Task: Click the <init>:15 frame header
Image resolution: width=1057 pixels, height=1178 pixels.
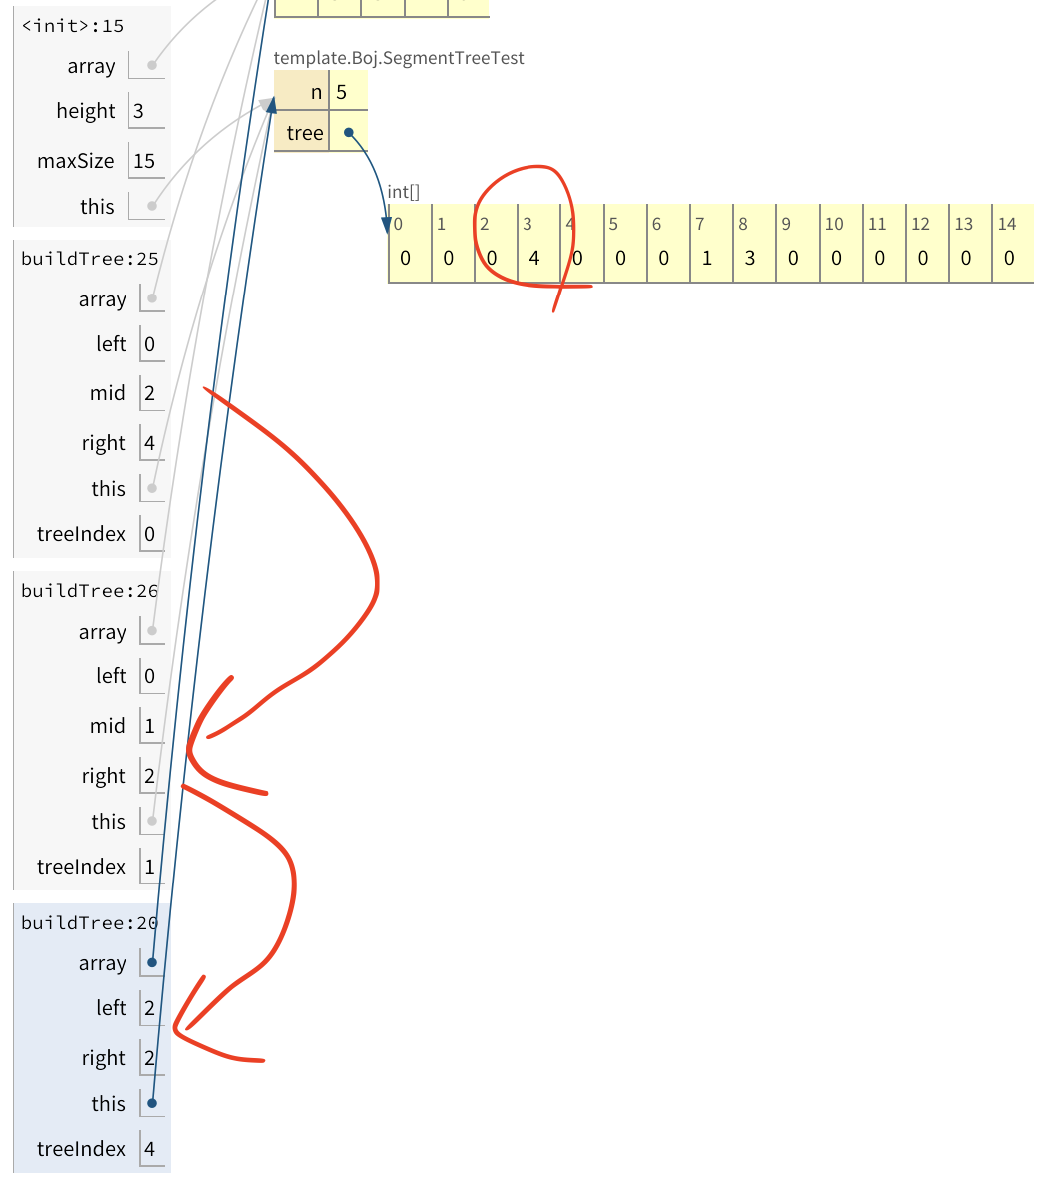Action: [x=73, y=26]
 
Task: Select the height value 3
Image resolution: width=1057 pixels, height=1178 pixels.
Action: [x=139, y=111]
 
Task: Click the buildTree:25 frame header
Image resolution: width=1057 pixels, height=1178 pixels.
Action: [x=90, y=259]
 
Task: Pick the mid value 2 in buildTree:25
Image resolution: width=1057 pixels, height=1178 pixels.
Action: [x=150, y=393]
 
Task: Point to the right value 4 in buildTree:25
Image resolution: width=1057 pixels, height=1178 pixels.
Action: [x=150, y=443]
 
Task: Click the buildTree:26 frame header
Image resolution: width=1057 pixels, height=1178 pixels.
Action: [x=90, y=591]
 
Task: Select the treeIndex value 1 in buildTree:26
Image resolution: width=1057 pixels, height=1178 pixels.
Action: [x=150, y=867]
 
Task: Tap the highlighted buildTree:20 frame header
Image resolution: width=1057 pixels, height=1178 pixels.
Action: [x=90, y=923]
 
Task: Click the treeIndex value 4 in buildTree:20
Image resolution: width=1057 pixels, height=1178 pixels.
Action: [x=150, y=1149]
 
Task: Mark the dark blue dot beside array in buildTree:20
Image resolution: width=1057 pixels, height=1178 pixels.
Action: [x=152, y=963]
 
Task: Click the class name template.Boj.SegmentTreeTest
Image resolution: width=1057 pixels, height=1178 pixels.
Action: [x=399, y=58]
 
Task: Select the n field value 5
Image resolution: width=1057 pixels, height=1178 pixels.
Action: [x=342, y=93]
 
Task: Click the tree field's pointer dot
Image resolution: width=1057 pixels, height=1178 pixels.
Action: [x=349, y=132]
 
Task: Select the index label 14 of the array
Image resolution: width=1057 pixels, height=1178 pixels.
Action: [x=1007, y=225]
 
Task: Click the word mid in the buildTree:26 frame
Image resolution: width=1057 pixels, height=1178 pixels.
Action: [x=108, y=726]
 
